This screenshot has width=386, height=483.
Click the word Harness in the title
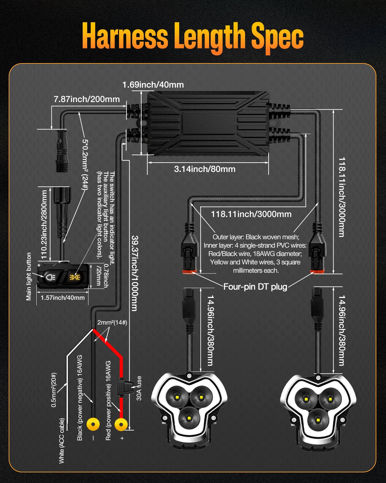[125, 36]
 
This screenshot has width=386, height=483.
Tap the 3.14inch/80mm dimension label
[205, 169]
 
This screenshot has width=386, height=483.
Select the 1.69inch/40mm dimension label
[153, 85]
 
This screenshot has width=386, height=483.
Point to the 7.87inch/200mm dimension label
[87, 99]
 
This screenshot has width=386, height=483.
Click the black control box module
[208, 123]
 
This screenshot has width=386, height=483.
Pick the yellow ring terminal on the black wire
[93, 424]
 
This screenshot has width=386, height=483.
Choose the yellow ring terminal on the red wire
[121, 424]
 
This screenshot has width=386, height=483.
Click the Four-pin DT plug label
[255, 287]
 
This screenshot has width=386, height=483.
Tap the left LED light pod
[189, 409]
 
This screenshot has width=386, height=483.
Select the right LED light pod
[318, 409]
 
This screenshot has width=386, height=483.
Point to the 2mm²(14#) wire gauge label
[112, 322]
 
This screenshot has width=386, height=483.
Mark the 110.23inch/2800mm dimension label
[44, 225]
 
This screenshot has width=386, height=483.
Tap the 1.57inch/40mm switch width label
[62, 298]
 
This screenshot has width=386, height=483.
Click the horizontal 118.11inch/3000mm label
[251, 214]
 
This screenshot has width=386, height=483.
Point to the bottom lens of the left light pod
[188, 419]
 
